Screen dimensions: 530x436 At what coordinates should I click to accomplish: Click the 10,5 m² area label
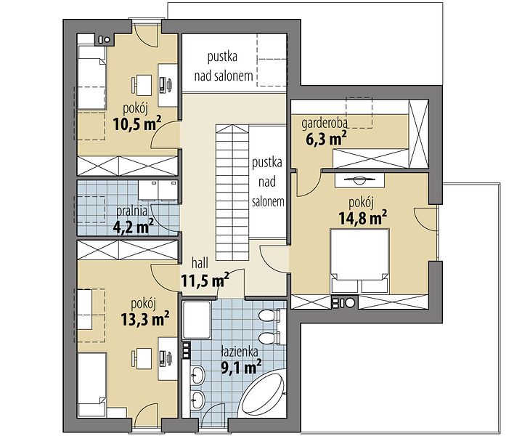pyautogui.click(x=137, y=124)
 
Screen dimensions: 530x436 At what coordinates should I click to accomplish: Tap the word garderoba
pyautogui.click(x=325, y=124)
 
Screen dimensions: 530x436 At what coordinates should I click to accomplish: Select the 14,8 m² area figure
pyautogui.click(x=363, y=217)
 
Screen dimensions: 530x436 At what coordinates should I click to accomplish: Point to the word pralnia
pyautogui.click(x=132, y=211)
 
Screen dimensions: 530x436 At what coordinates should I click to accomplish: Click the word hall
pyautogui.click(x=200, y=263)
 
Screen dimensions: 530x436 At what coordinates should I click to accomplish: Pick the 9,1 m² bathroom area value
pyautogui.click(x=241, y=368)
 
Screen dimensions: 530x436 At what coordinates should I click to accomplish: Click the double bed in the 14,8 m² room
pyautogui.click(x=359, y=261)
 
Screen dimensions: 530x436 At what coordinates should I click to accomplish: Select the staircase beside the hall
pyautogui.click(x=232, y=193)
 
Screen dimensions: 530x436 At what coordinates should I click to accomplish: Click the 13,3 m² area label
pyautogui.click(x=145, y=319)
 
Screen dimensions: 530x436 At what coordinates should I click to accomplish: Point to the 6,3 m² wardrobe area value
pyautogui.click(x=326, y=139)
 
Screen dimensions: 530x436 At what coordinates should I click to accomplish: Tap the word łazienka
pyautogui.click(x=240, y=352)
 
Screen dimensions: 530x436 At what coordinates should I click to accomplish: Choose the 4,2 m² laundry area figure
pyautogui.click(x=133, y=226)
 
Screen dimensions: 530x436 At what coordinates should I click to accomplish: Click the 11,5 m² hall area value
pyautogui.click(x=205, y=280)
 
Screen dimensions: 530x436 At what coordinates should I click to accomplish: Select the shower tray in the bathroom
pyautogui.click(x=197, y=320)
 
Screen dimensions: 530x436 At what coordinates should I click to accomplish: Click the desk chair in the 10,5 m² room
pyautogui.click(x=134, y=85)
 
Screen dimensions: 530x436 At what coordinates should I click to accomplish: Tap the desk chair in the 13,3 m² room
pyautogui.click(x=134, y=358)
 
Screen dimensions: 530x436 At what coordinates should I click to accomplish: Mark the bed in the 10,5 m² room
pyautogui.click(x=91, y=78)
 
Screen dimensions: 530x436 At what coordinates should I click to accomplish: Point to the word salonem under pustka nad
pyautogui.click(x=268, y=201)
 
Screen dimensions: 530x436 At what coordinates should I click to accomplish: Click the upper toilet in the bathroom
pyautogui.click(x=269, y=316)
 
